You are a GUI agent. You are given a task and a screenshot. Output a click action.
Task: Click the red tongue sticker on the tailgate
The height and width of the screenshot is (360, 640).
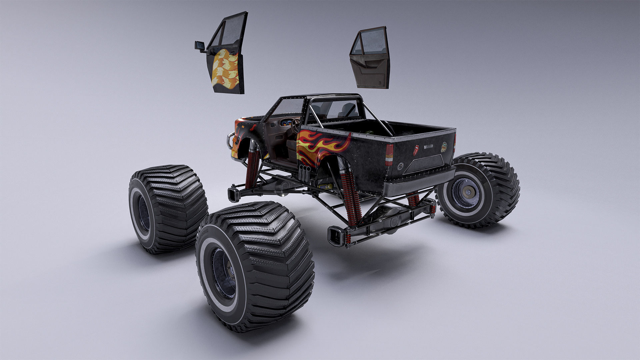click(x=416, y=150)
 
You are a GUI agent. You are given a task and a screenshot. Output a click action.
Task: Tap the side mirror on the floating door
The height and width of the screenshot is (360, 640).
click(x=200, y=46)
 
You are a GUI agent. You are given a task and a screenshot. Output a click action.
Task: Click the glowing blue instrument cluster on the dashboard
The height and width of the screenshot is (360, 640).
click(x=286, y=122)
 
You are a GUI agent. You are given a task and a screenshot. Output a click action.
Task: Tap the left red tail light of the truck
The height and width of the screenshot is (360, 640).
click(x=389, y=155)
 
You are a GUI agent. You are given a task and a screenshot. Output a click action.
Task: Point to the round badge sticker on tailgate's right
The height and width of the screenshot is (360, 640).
click(x=444, y=147)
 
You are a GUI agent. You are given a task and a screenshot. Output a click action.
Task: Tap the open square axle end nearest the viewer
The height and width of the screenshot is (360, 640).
click(x=335, y=236)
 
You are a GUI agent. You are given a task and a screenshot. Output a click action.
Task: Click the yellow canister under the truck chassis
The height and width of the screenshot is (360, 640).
click(x=325, y=186)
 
